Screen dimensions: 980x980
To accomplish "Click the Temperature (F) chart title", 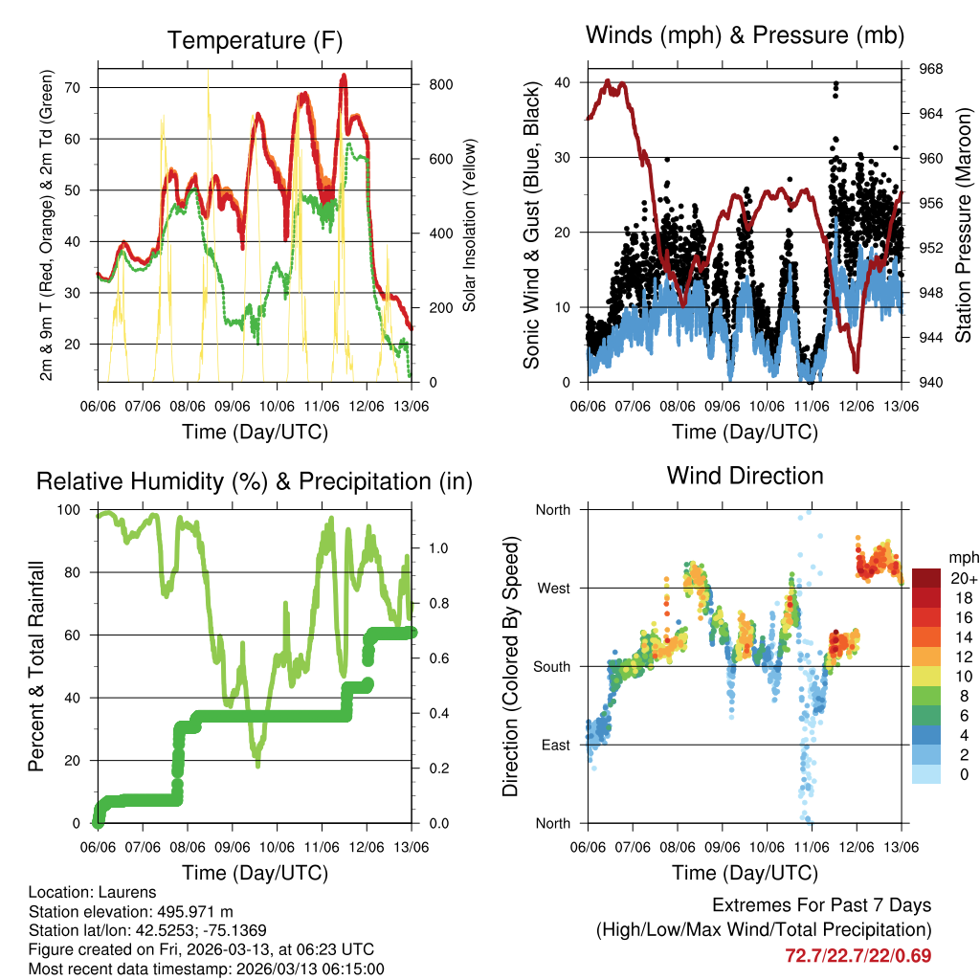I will point(254,40).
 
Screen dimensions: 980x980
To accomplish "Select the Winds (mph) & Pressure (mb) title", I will point(745,35).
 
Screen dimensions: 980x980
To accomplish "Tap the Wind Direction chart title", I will point(745,475).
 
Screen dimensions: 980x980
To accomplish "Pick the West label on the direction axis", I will point(552,588).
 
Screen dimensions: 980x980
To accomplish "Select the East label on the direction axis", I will point(554,745).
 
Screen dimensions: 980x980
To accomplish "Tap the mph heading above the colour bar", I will point(961,557).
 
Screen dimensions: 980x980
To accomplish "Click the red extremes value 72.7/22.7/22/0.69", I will point(857,955).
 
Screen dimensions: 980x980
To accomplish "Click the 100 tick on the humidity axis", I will point(74,510).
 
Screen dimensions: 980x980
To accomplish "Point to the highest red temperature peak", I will point(344,75).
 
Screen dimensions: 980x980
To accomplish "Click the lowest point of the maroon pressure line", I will point(857,370).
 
